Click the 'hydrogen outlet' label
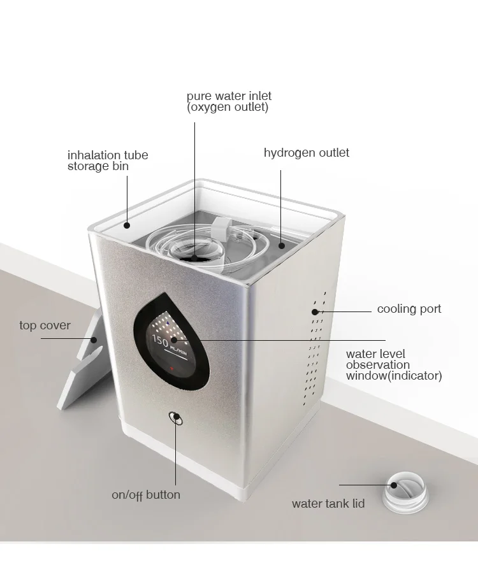pos(306,153)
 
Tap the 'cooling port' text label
pos(409,310)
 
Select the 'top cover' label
pos(45,325)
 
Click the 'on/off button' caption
pos(146,495)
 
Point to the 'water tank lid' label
pos(328,504)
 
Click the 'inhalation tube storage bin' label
pos(107,161)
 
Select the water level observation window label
pos(393,365)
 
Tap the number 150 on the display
pos(159,341)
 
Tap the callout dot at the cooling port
pos(315,311)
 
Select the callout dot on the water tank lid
pos(394,485)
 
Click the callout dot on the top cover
pos(93,340)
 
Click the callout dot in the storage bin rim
pos(127,224)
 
